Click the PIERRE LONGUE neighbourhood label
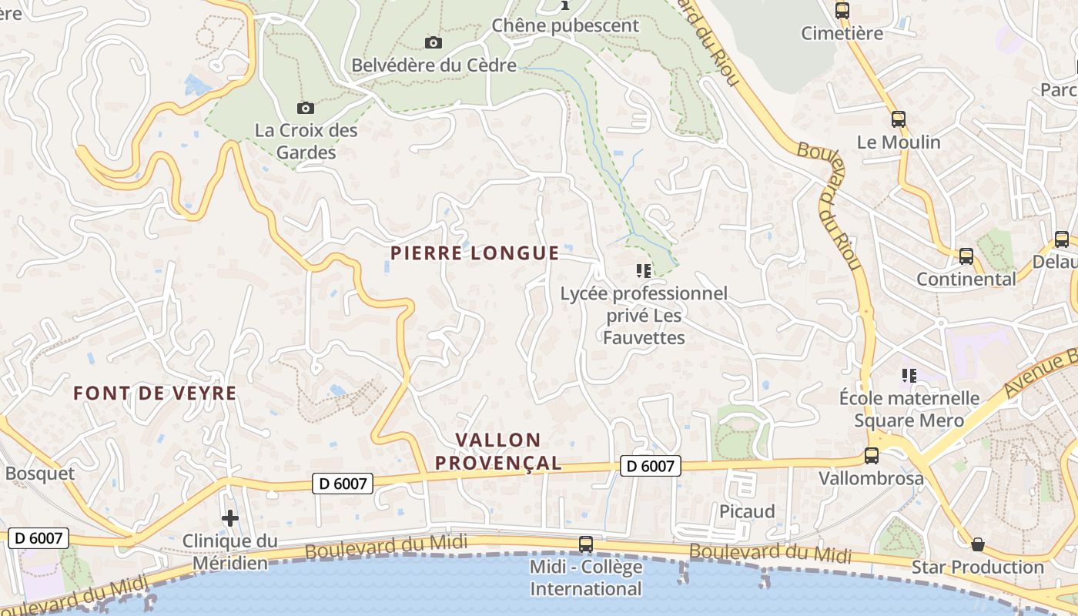pyautogui.click(x=474, y=253)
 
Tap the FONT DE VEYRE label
pyautogui.click(x=155, y=393)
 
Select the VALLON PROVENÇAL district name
pyautogui.click(x=508, y=451)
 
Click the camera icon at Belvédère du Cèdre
pyautogui.click(x=434, y=42)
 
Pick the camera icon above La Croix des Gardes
pyautogui.click(x=306, y=108)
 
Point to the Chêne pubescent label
pyautogui.click(x=565, y=25)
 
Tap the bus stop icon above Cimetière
pyautogui.click(x=842, y=11)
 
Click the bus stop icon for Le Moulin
pyautogui.click(x=899, y=119)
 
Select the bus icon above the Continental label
pyautogui.click(x=966, y=256)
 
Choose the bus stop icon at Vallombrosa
pyautogui.click(x=872, y=455)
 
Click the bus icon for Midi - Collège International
pyautogui.click(x=586, y=544)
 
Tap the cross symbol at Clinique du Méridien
pyautogui.click(x=230, y=518)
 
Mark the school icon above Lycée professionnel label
pyautogui.click(x=644, y=271)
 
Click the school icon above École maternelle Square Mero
pyautogui.click(x=909, y=376)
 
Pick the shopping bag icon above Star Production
pyautogui.click(x=978, y=544)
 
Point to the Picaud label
pyautogui.click(x=747, y=512)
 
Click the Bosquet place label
pyautogui.click(x=40, y=474)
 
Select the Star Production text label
pyautogui.click(x=978, y=567)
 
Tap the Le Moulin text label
pyautogui.click(x=899, y=142)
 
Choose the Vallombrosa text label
pyautogui.click(x=871, y=478)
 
